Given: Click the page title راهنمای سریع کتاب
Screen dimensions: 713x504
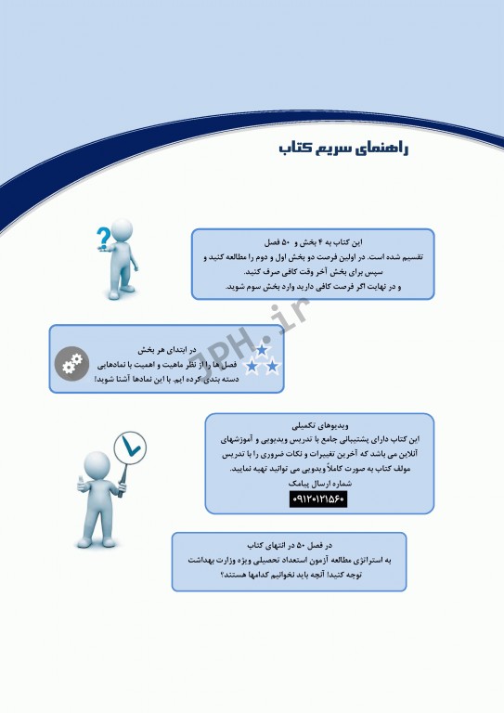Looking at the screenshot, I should pos(342,149).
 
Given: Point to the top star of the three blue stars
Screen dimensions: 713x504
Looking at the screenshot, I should pos(262,349).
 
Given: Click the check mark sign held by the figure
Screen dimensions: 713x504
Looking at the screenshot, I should pos(128,448).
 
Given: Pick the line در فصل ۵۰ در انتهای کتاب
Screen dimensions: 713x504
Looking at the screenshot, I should pos(289,545).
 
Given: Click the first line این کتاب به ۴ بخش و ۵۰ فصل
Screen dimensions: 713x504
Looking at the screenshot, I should pos(311,241).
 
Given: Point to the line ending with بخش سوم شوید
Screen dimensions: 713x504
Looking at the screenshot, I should pos(311,287).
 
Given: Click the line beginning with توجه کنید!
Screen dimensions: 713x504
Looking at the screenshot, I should pos(289,575).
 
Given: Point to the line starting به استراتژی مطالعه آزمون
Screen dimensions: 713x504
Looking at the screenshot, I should pos(289,560).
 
